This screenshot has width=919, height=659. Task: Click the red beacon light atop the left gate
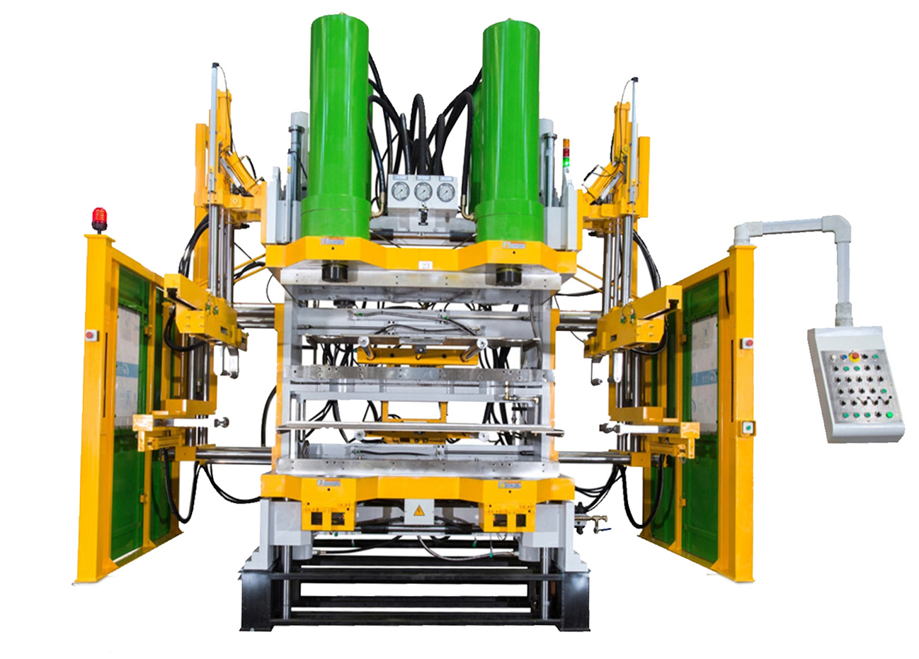pyautogui.click(x=99, y=219)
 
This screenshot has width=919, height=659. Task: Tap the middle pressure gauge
pyautogui.click(x=423, y=191)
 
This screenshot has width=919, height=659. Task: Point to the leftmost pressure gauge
pyautogui.click(x=401, y=191)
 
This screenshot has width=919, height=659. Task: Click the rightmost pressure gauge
pyautogui.click(x=445, y=191)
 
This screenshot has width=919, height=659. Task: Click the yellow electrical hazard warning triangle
pyautogui.click(x=418, y=510)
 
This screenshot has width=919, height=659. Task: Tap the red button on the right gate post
pyautogui.click(x=747, y=344)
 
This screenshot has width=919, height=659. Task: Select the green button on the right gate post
pyautogui.click(x=746, y=427)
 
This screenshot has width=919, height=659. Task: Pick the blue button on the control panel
pyautogui.click(x=845, y=356)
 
